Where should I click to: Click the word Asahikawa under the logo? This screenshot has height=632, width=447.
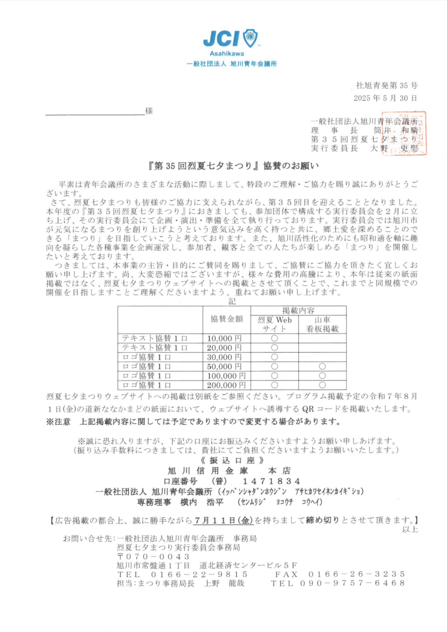click(x=227, y=54)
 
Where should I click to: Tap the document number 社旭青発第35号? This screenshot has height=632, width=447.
click(x=387, y=85)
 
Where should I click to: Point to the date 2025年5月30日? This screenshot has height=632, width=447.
click(x=385, y=98)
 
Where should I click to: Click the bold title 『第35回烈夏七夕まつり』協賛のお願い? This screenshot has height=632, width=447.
click(x=234, y=166)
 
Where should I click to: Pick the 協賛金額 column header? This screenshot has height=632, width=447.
click(x=227, y=319)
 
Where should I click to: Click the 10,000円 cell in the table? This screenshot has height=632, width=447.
click(x=224, y=338)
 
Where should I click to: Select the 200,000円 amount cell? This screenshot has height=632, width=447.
click(x=226, y=385)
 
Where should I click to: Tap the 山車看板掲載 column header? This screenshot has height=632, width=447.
click(x=322, y=324)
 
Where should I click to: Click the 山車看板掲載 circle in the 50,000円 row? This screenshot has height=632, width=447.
click(x=322, y=366)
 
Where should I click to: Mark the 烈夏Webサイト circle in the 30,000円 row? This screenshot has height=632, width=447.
click(x=274, y=357)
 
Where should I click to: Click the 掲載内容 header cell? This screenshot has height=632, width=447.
click(x=298, y=311)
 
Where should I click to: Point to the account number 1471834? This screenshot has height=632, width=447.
click(x=271, y=481)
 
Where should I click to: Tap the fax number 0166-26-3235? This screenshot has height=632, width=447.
click(x=357, y=574)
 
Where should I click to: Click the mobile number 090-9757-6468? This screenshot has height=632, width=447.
click(x=353, y=583)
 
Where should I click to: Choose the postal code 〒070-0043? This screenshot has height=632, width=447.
click(x=153, y=557)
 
